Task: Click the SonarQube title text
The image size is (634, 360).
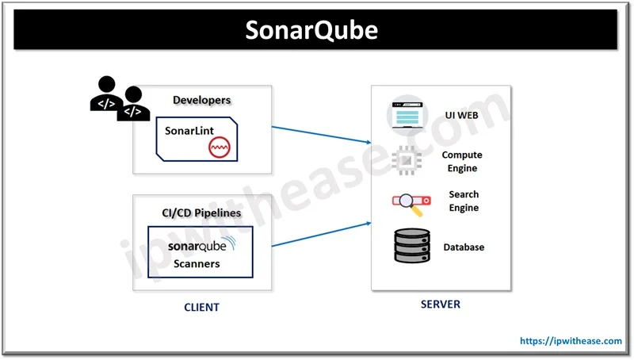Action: pyautogui.click(x=311, y=30)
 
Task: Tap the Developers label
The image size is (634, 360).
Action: pyautogui.click(x=202, y=100)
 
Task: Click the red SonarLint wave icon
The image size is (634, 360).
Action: pyautogui.click(x=219, y=147)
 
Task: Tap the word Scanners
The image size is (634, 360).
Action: pyautogui.click(x=197, y=263)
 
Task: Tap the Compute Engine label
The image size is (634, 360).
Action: pyautogui.click(x=461, y=162)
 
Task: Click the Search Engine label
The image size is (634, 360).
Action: pyautogui.click(x=464, y=201)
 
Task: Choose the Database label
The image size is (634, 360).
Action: pyautogui.click(x=463, y=247)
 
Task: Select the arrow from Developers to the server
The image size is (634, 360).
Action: pyautogui.click(x=321, y=134)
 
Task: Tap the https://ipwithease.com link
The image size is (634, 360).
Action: pyautogui.click(x=571, y=341)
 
